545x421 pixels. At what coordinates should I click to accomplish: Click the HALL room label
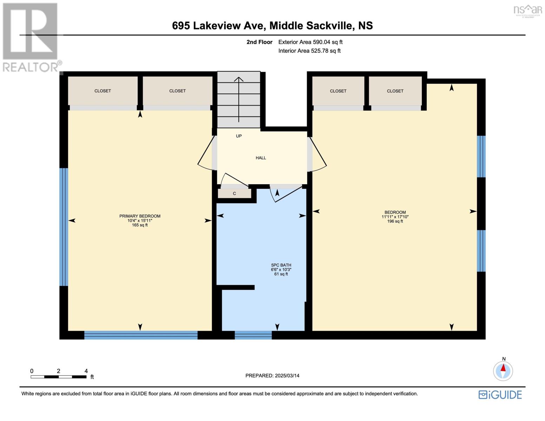(x=261, y=158)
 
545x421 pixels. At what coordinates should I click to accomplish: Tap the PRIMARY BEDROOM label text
(x=140, y=216)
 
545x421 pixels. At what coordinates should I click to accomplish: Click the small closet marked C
(x=234, y=194)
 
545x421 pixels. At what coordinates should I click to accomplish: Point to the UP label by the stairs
(x=239, y=136)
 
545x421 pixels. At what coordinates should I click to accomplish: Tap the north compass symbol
(x=503, y=370)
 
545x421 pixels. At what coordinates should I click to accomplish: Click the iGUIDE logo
(x=500, y=395)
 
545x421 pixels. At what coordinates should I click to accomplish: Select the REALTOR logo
(x=31, y=37)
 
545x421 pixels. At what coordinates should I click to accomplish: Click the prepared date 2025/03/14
(x=272, y=376)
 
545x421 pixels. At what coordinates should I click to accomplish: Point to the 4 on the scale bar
(x=86, y=371)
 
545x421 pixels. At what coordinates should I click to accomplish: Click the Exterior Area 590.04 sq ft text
(x=310, y=42)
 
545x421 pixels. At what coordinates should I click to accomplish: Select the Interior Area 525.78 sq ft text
(x=309, y=51)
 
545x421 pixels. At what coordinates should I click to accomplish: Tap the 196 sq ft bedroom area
(x=395, y=221)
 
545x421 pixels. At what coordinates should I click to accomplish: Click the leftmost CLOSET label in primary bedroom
(x=102, y=91)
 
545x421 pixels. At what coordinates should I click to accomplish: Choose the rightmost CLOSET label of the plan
(x=395, y=91)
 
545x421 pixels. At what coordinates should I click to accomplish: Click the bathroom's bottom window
(x=253, y=335)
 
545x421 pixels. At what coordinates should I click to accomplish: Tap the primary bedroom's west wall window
(x=64, y=227)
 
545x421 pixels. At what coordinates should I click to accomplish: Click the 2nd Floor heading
(x=259, y=42)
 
